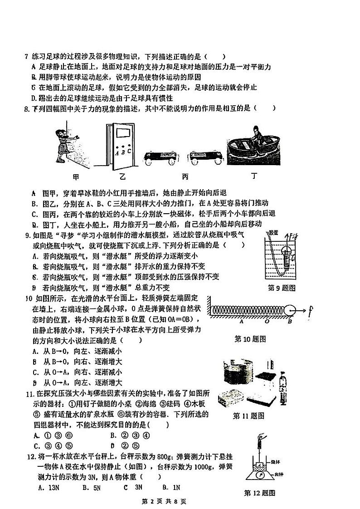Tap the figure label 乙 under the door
point(122,177)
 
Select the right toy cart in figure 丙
point(206,157)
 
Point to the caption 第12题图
point(259,493)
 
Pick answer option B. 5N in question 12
point(90,487)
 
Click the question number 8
point(26,108)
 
